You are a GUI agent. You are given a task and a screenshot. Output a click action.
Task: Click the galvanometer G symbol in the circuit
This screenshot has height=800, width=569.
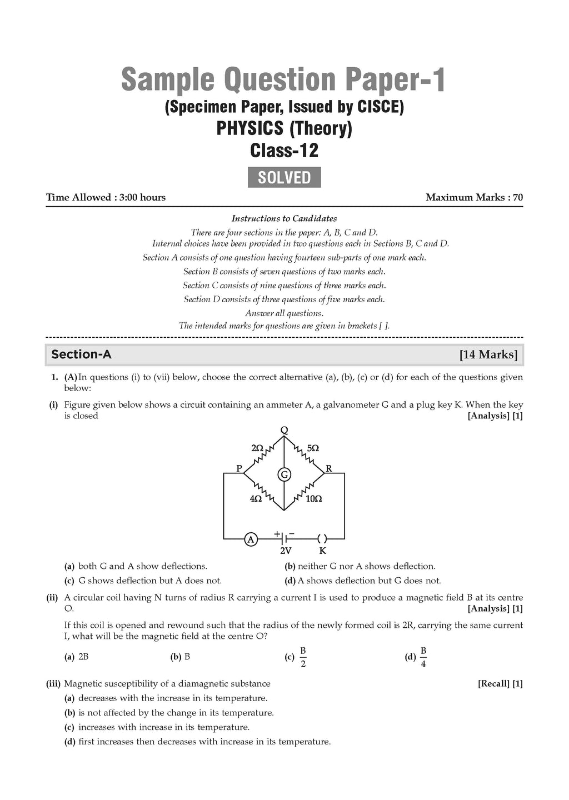coord(284,474)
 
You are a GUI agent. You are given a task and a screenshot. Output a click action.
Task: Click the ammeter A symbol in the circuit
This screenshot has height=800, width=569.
coord(251,539)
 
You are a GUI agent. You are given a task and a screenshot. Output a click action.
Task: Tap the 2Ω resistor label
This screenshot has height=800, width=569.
coord(257,448)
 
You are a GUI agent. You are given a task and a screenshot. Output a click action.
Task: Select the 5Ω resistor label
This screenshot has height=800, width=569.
coord(312,448)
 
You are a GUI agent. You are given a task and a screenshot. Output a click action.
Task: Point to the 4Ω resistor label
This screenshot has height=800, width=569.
coord(256,499)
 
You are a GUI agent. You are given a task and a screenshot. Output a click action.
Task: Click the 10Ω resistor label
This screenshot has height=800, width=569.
coord(314,499)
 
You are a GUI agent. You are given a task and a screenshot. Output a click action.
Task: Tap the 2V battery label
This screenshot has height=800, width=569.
coord(285,551)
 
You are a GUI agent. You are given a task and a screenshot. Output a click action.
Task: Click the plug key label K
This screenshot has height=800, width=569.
coord(322,551)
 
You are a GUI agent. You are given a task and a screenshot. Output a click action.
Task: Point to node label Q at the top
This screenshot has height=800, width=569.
coord(284,430)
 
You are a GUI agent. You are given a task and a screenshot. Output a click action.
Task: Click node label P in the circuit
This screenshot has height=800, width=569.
coord(239,468)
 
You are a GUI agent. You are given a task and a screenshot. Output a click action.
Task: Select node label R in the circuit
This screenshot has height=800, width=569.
coord(329,468)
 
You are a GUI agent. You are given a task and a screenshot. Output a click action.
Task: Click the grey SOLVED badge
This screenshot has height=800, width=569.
coord(284,177)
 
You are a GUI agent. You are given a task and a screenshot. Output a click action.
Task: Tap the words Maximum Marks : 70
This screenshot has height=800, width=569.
coord(474,197)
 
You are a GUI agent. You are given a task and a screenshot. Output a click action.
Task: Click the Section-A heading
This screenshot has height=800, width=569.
coord(81,354)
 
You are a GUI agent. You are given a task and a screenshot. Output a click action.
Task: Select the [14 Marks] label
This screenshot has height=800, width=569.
coord(488,354)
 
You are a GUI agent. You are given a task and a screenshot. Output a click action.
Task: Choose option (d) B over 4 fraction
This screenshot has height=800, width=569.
coord(423,657)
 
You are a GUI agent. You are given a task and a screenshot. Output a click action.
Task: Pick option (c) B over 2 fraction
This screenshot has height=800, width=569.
coord(303,657)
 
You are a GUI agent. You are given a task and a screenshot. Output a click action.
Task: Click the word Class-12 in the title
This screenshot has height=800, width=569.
coord(284,151)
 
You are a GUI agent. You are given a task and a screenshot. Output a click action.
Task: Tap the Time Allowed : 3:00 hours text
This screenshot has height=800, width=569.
coord(106,197)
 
